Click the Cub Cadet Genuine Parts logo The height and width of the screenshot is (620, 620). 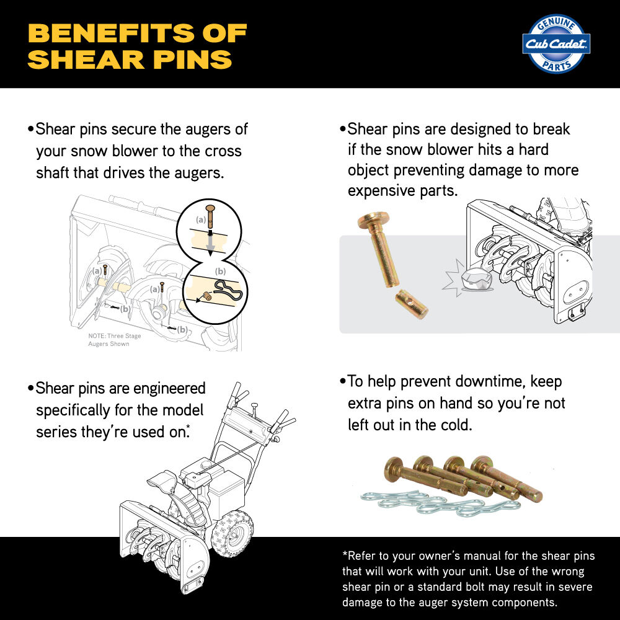coord(557,44)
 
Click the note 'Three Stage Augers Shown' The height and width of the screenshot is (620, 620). coord(115,340)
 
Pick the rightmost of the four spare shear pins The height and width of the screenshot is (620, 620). coord(506,480)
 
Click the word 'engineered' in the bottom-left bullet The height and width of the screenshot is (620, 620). coord(165,389)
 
